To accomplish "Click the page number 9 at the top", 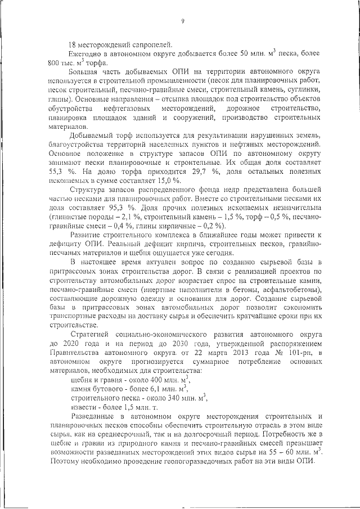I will click(x=183, y=22).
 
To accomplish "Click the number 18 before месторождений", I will click(x=71, y=44).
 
